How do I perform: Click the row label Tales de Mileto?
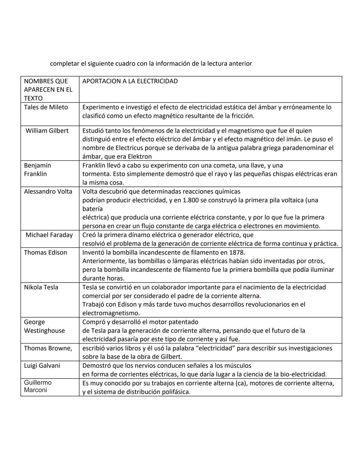46,107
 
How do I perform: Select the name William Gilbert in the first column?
47,130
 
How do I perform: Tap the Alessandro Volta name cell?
48,191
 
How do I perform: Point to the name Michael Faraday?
49,235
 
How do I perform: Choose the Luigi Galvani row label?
42,365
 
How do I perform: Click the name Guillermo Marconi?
38,386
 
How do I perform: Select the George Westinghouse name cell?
44,326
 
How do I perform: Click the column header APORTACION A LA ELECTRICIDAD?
130,81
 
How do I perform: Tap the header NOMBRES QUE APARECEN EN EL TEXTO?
48,89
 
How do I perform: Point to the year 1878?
237,252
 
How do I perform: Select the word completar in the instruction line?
65,63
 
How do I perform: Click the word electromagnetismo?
111,313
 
